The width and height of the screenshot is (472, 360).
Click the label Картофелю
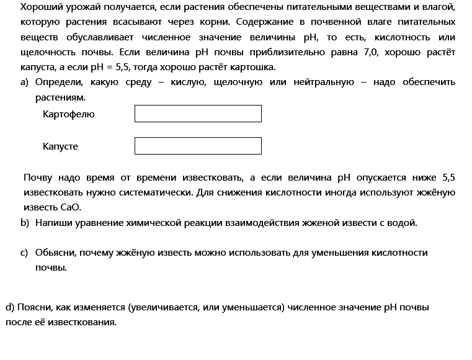pos(69,114)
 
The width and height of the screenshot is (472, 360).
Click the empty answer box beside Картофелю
pos(198,114)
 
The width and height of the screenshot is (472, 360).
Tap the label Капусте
pos(61,146)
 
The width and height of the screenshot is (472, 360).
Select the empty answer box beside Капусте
pos(198,146)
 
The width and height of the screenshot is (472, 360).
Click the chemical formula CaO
pos(72,207)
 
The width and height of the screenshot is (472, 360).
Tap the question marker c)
pos(25,253)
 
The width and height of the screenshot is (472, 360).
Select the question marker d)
pos(10,307)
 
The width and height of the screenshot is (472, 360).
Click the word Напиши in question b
pos(53,222)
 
